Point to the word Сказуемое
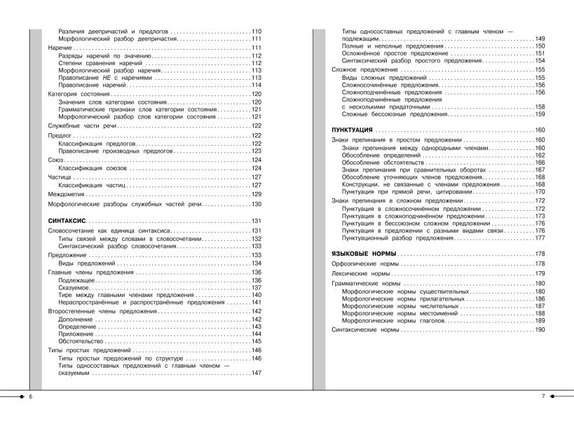point(74,288)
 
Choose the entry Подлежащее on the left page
point(76,280)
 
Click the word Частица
point(60,178)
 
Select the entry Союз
point(56,160)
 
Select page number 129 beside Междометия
point(256,194)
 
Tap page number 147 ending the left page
point(256,373)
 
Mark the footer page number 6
point(31,396)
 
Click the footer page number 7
point(543,396)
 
